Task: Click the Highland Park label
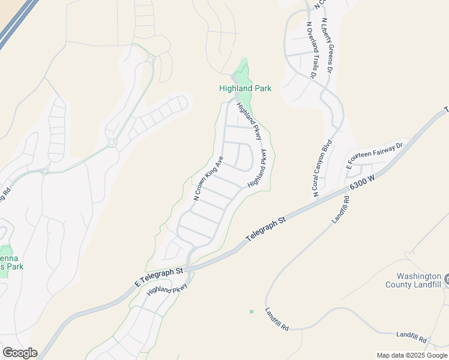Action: [245, 88]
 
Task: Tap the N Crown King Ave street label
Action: [208, 178]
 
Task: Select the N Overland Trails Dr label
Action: [311, 50]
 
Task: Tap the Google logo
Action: [20, 353]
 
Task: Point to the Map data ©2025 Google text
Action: [412, 355]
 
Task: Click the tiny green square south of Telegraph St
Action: [252, 311]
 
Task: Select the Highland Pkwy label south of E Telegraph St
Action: [167, 290]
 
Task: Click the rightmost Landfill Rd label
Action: [412, 335]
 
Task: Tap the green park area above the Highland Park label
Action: [243, 73]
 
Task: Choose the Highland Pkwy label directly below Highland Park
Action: [249, 121]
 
